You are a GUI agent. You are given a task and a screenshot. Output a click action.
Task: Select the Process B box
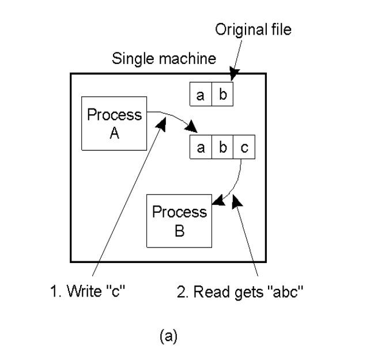179,221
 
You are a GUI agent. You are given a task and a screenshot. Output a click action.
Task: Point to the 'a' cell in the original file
201,95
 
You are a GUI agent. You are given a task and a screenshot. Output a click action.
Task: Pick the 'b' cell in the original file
222,95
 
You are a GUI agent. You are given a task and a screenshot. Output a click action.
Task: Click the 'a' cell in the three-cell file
201,148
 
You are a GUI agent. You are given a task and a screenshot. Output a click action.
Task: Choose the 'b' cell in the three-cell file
222,148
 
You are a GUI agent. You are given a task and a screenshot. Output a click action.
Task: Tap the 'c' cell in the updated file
244,148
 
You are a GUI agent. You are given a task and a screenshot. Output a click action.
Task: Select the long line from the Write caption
130,196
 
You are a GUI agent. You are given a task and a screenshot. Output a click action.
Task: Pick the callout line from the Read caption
247,237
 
